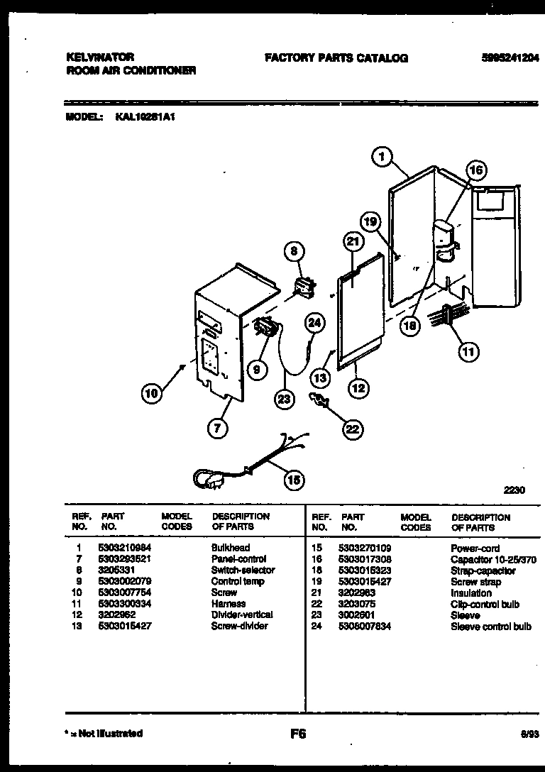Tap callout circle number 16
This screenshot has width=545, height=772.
coord(476,170)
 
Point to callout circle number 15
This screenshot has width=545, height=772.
coord(292,480)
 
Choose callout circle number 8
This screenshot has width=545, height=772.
coord(293,249)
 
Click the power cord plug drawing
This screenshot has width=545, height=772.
coord(207,481)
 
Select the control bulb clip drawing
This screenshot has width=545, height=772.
coord(318,401)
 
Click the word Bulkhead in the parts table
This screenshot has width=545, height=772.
coord(231,548)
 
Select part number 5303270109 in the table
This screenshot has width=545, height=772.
coord(366,548)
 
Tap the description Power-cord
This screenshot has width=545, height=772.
coord(475,548)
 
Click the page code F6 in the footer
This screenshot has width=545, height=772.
coord(298,734)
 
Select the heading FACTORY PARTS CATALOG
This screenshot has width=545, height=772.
coord(336,58)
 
